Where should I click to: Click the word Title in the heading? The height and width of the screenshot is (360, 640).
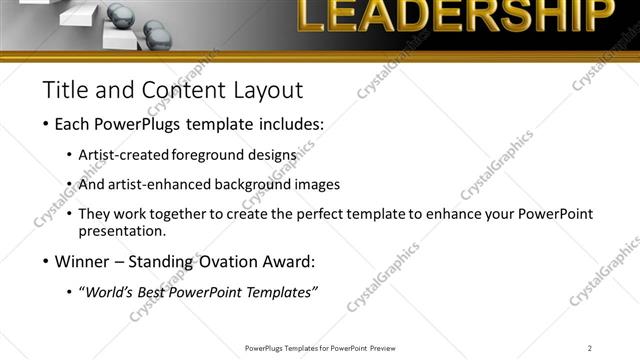pyautogui.click(x=65, y=90)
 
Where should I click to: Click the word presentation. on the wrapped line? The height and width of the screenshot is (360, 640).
pyautogui.click(x=122, y=231)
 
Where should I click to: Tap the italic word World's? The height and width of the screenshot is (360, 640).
pyautogui.click(x=109, y=292)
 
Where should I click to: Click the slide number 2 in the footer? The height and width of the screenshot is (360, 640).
pyautogui.click(x=590, y=347)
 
